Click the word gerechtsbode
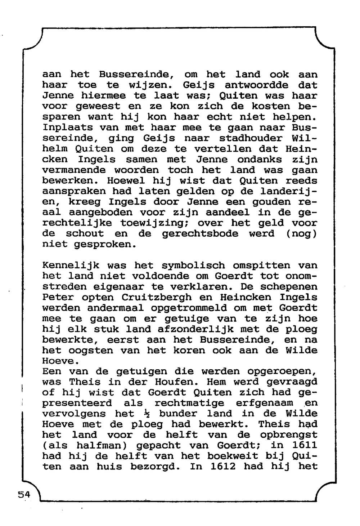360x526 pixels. [200, 234]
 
